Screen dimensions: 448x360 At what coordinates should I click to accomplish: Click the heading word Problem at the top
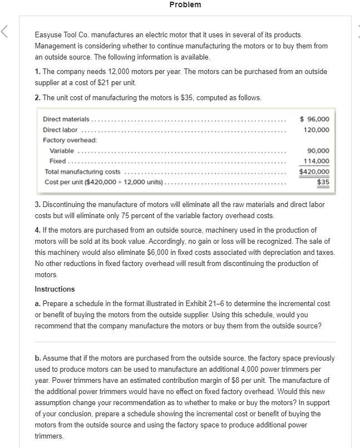185,4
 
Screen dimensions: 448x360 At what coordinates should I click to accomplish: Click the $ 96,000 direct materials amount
314,119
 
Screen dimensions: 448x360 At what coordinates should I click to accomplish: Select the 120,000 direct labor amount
317,130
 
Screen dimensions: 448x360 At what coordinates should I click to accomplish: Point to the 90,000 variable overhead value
318,151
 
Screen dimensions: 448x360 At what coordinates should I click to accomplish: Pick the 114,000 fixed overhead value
317,161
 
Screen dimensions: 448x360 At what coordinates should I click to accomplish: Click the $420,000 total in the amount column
314,172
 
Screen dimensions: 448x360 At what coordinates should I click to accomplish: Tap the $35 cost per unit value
323,182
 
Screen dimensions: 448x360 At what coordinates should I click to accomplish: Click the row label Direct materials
66,119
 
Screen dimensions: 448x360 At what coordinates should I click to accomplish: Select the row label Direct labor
60,130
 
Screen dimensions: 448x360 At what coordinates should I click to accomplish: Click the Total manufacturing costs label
82,172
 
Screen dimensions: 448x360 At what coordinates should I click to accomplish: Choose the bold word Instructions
55,289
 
